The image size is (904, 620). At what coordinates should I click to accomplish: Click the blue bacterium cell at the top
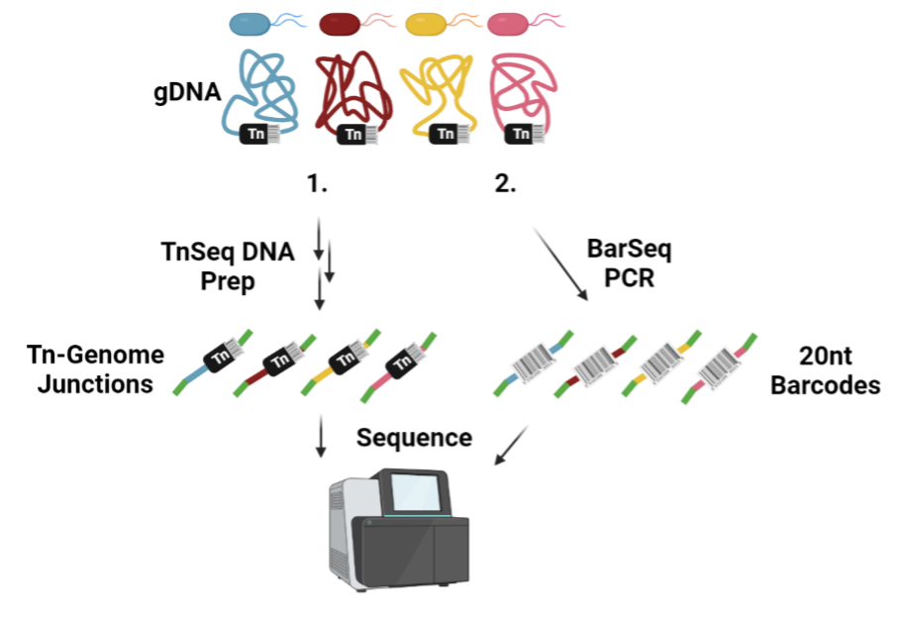pos(250,24)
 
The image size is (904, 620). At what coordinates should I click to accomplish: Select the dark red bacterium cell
pos(339,24)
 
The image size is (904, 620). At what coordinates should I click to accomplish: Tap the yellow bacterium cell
pos(426,24)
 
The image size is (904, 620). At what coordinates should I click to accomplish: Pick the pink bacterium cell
pos(508,24)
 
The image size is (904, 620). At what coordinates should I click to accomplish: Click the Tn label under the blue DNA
pos(255,134)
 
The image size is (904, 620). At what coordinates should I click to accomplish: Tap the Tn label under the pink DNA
pos(520,134)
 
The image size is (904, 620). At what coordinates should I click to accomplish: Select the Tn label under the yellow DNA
pos(446,134)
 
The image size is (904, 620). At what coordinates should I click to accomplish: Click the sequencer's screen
pos(414,492)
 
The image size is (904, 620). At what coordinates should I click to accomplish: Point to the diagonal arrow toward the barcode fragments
pos(560,264)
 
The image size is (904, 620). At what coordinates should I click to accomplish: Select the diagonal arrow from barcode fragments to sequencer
pos(510,447)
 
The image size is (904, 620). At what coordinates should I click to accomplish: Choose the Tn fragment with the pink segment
pos(404,363)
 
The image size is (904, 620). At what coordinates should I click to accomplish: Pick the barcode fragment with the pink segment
pos(720,365)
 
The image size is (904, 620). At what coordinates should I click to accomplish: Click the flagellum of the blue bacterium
pos(292,19)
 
